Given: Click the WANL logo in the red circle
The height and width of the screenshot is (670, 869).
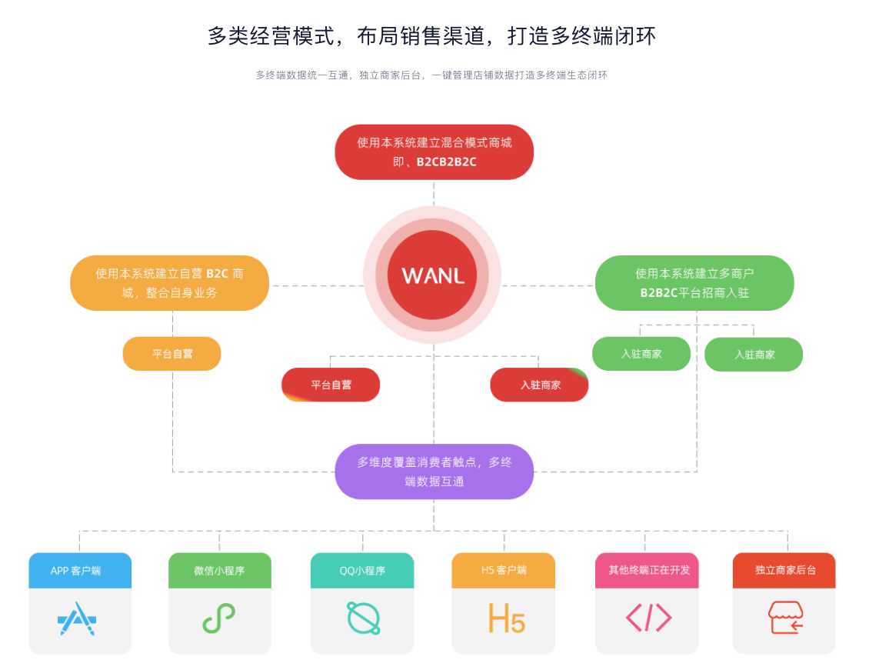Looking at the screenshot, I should [x=432, y=275].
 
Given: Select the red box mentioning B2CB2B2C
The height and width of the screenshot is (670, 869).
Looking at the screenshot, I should [x=434, y=152].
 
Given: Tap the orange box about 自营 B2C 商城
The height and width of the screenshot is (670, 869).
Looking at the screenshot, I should [x=169, y=282].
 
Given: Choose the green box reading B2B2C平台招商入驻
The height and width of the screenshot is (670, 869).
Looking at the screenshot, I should [x=694, y=282].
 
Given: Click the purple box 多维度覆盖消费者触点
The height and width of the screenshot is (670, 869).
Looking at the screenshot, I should [x=434, y=471].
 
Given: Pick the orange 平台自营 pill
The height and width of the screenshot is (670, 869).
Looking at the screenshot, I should [x=171, y=354].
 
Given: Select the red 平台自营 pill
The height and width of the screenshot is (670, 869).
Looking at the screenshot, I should [x=331, y=385].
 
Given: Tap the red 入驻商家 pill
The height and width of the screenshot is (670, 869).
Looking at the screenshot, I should [x=539, y=385].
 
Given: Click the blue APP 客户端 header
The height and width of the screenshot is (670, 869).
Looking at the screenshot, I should [x=80, y=571].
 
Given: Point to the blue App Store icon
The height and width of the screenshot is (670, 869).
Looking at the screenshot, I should [x=77, y=618].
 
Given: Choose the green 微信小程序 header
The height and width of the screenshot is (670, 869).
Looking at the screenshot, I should [x=219, y=571].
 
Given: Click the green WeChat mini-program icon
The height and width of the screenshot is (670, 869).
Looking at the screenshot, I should [x=219, y=618].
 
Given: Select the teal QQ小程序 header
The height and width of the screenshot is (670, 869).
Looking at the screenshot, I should [x=362, y=571].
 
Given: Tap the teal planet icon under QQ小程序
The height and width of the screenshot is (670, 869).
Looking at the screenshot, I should [x=362, y=618].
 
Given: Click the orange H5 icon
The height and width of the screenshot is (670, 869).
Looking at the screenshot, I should [x=506, y=618].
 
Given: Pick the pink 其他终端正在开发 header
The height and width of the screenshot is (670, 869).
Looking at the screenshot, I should [x=647, y=570].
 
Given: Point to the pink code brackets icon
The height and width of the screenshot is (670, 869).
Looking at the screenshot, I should [x=648, y=618].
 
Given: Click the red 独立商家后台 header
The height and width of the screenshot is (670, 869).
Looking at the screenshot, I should [x=784, y=570].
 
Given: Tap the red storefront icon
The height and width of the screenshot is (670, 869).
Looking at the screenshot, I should [x=785, y=618].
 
